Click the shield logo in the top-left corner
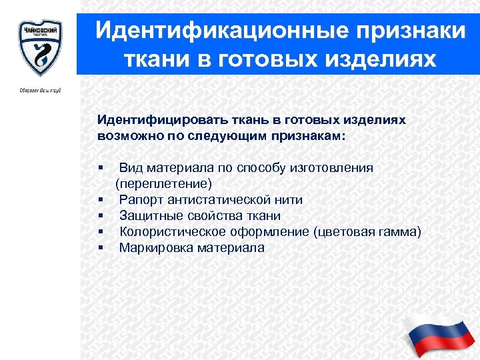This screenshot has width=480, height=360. (39, 47)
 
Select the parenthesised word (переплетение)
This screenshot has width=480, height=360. (164, 183)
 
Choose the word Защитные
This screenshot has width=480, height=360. (149, 215)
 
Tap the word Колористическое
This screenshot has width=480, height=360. (165, 231)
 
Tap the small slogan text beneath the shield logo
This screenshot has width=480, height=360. (39, 90)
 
